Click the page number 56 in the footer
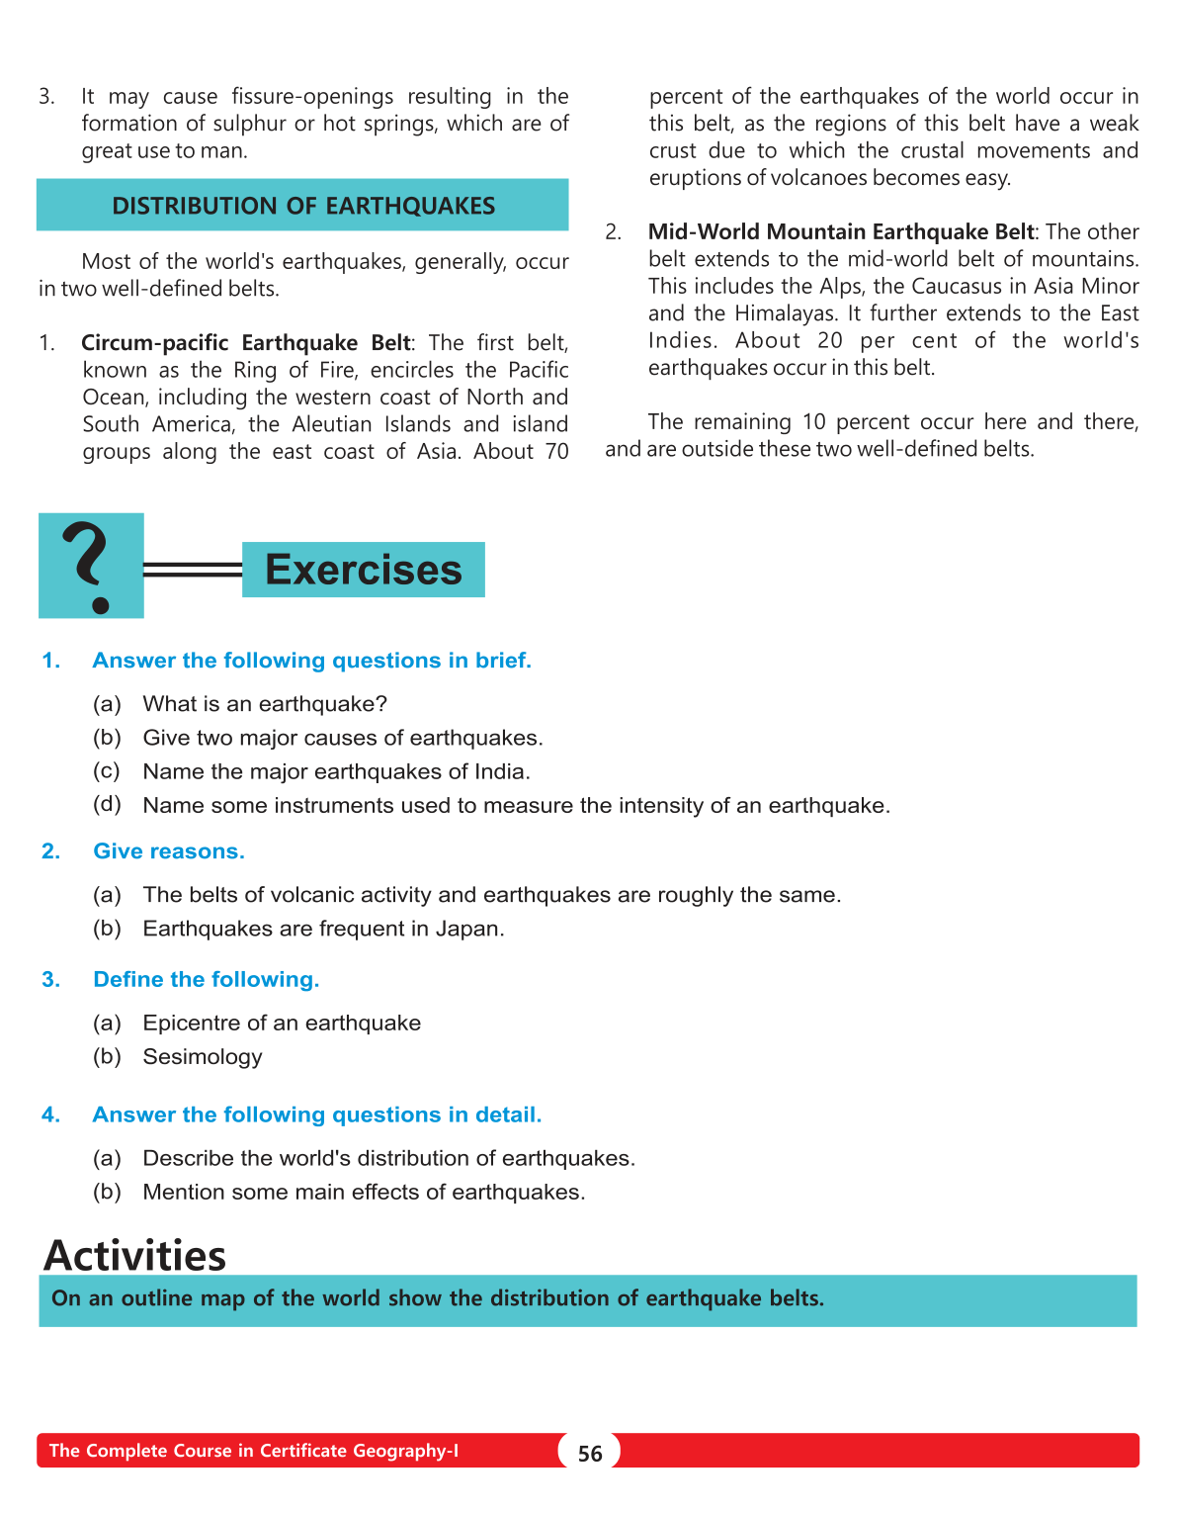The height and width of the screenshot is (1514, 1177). pos(590,1453)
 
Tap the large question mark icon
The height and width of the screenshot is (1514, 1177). pos(90,566)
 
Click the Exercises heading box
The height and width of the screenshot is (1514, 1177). pos(363,570)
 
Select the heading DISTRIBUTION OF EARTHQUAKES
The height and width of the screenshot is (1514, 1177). pos(303,206)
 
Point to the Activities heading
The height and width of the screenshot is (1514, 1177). pos(135,1255)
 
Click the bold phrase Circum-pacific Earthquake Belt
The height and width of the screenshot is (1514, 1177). pos(246,343)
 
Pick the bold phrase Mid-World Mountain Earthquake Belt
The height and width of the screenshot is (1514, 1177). pos(840,232)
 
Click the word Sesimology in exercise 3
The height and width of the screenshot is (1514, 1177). pos(203,1057)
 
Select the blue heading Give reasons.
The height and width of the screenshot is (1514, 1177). pos(169,851)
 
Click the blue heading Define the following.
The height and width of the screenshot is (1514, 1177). pos(207,980)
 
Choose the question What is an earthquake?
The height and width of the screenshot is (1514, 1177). pos(265,704)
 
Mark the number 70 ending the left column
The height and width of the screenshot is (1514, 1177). pos(557,452)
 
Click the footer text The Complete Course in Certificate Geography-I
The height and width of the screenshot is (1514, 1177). pos(254,1451)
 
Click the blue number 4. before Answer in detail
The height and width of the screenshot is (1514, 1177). pos(50,1115)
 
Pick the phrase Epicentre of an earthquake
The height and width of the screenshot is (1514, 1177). pos(282,1024)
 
